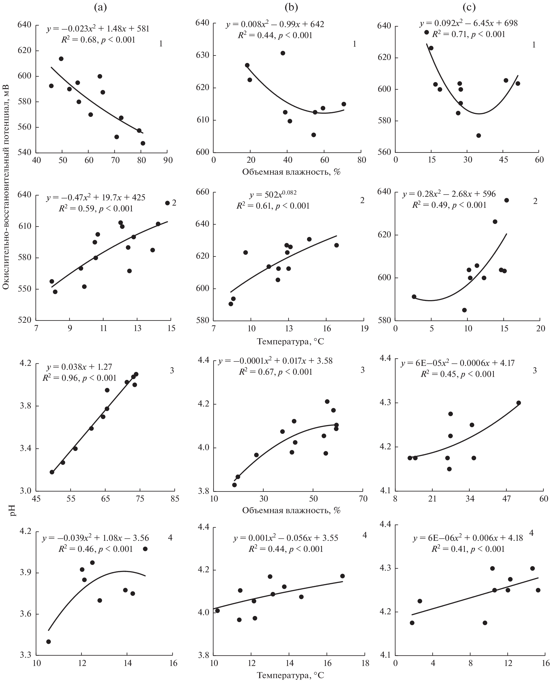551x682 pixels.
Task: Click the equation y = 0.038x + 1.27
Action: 79,367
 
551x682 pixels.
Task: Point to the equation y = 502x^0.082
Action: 273,195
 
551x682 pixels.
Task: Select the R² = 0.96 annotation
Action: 79,378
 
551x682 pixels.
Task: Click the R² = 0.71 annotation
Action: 468,34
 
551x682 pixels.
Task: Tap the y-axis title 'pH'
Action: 13,511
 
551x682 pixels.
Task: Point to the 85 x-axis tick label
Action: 175,499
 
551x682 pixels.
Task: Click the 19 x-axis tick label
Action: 364,328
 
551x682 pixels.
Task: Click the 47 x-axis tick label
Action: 507,499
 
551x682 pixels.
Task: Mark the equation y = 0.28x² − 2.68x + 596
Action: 449,194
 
